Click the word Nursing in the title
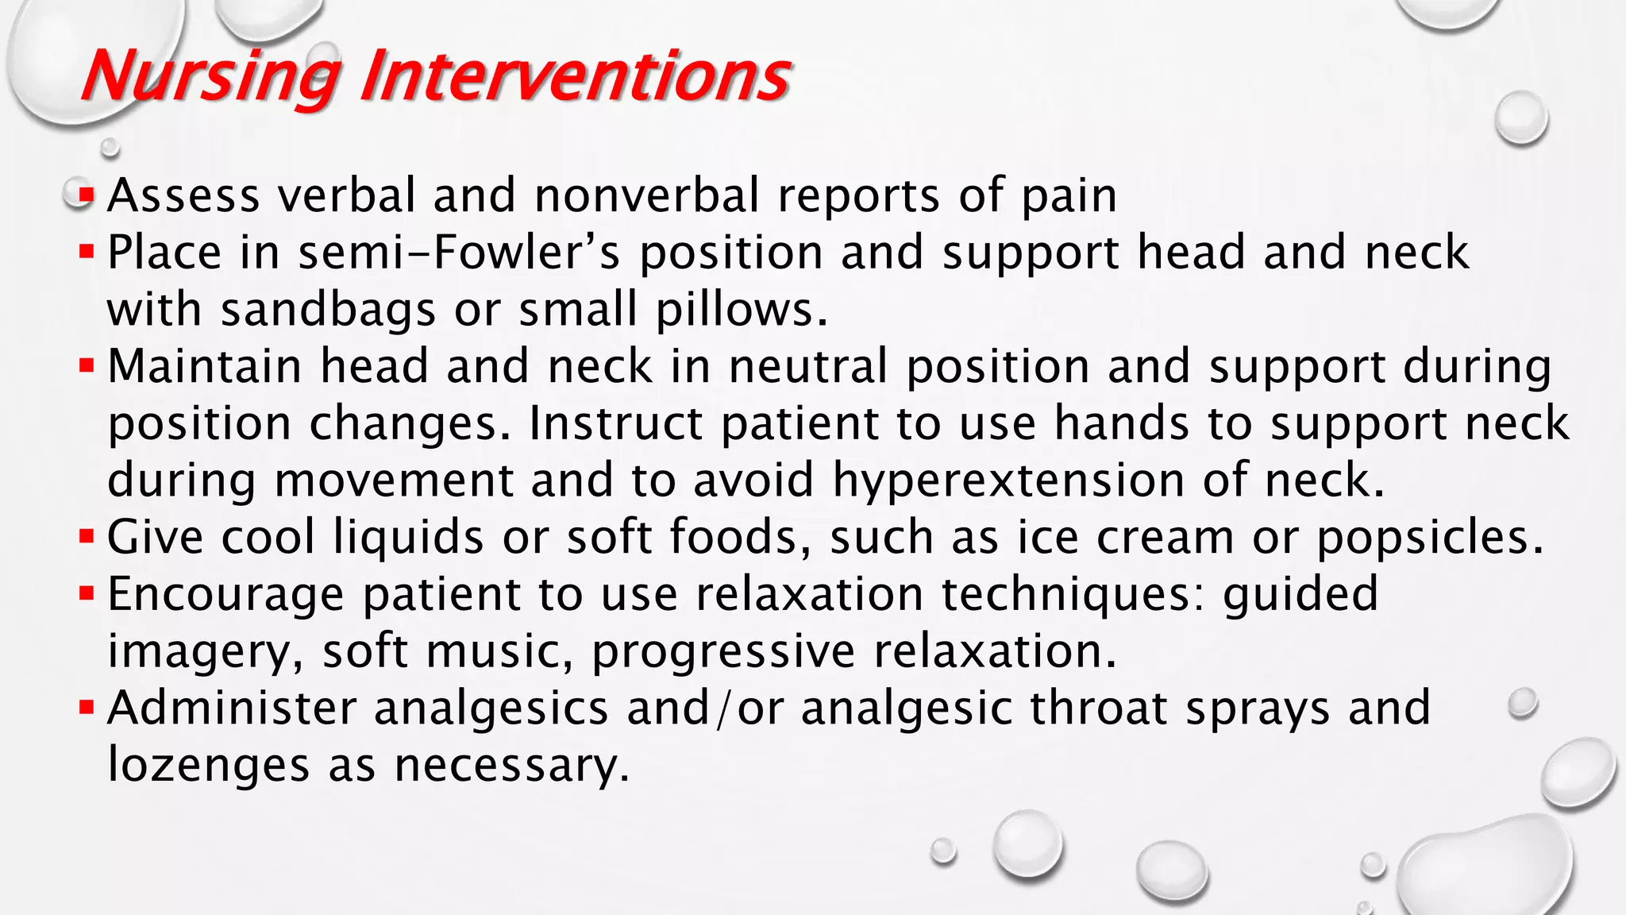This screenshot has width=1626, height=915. [x=210, y=76]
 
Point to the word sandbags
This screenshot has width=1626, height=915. [x=328, y=310]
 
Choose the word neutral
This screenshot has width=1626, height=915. [x=808, y=367]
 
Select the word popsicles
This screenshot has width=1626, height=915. [x=1430, y=538]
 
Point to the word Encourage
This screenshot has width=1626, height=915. [x=225, y=594]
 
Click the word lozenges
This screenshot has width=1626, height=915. [x=208, y=766]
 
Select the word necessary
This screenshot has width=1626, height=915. [x=511, y=766]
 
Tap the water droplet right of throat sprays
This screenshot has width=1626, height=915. [x=1522, y=704]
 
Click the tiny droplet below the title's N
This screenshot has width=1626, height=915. [x=110, y=148]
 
